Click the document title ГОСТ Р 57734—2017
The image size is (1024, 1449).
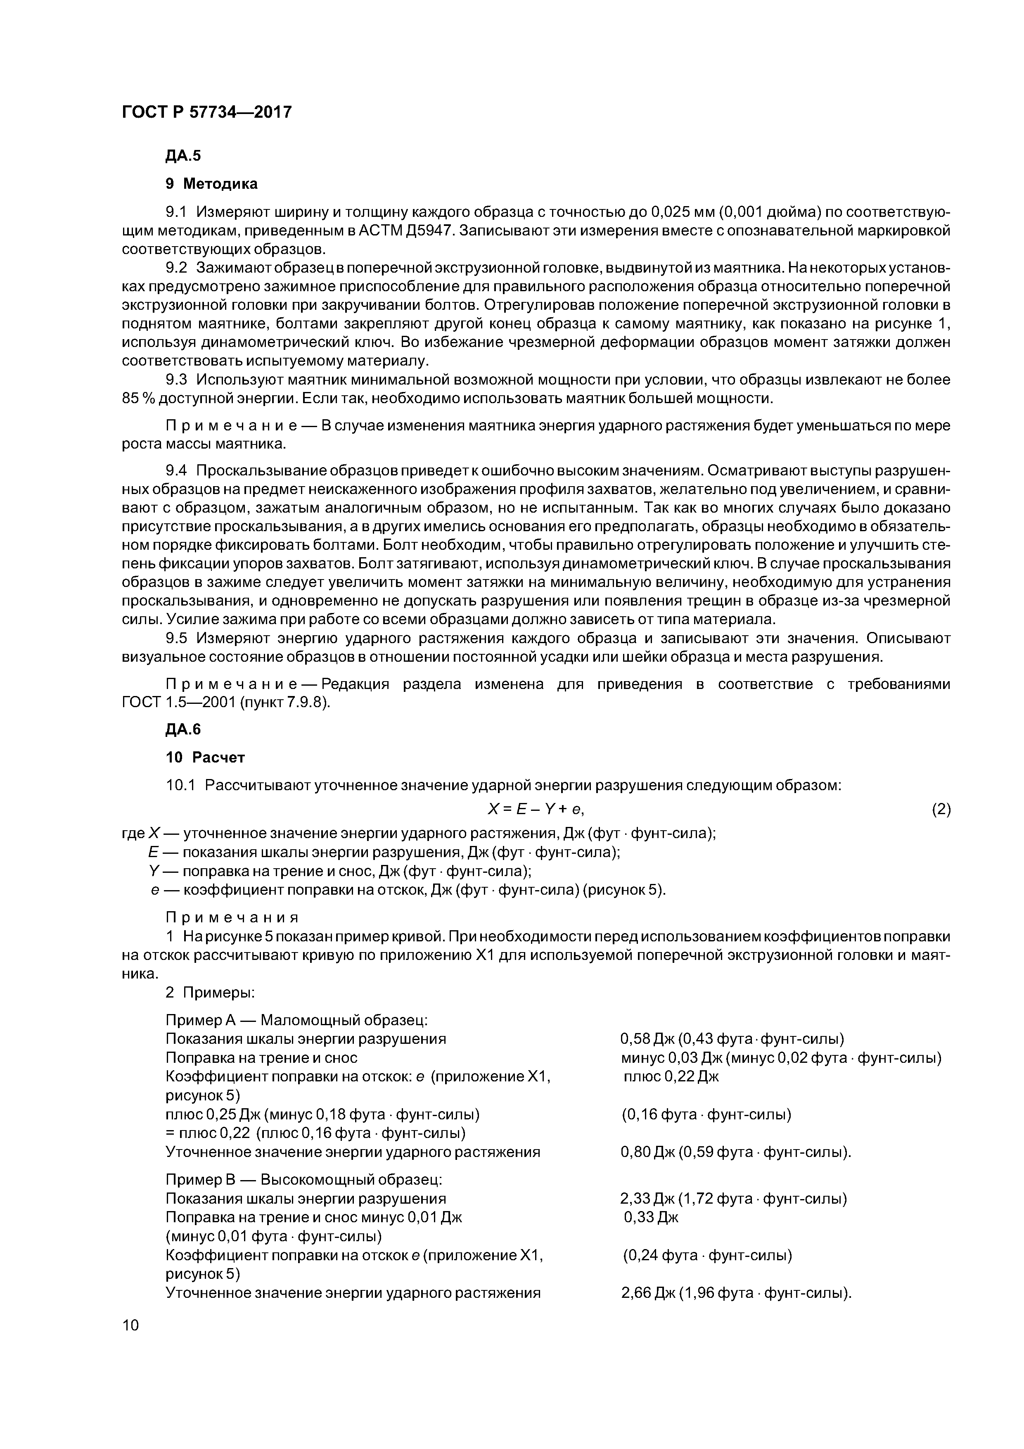[x=206, y=112]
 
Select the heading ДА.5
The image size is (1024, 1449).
[x=183, y=156]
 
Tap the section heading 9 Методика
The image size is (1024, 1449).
[x=211, y=184]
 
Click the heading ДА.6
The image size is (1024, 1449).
[x=183, y=729]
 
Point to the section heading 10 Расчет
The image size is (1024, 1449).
[x=205, y=757]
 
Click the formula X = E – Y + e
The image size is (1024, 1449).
[x=540, y=809]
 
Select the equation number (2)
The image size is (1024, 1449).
[x=941, y=810]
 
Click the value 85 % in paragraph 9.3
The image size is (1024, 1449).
[x=139, y=399]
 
